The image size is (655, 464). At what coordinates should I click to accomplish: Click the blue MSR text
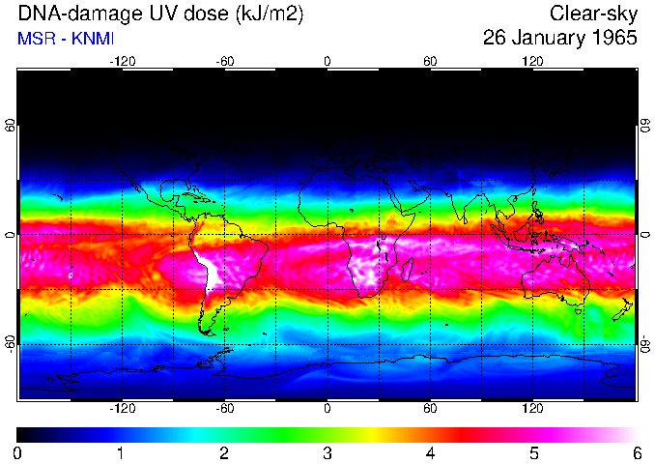click(x=34, y=39)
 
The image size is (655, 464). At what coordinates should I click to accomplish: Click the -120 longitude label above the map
click(x=122, y=61)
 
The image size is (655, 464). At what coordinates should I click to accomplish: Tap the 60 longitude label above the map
click(x=430, y=61)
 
